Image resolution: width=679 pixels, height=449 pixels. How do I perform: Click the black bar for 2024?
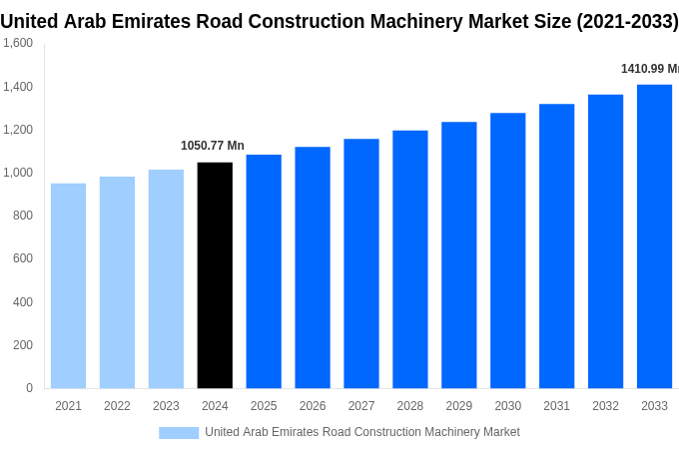click(x=215, y=275)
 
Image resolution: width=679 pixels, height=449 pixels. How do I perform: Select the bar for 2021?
click(x=68, y=285)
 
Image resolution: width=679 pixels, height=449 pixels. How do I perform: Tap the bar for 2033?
click(x=654, y=236)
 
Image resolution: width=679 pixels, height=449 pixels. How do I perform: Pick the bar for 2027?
click(x=361, y=263)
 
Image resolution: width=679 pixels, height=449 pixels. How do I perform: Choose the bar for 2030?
click(x=507, y=250)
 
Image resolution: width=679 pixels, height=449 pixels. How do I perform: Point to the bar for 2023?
click(x=166, y=278)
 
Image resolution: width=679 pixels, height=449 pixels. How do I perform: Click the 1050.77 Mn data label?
click(x=212, y=146)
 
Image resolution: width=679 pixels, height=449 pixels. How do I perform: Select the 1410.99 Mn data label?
click(x=649, y=69)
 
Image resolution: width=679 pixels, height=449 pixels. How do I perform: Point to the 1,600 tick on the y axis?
click(x=17, y=43)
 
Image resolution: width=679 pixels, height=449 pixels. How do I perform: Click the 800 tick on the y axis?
click(x=23, y=216)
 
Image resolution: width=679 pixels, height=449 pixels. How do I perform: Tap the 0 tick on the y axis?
click(x=29, y=388)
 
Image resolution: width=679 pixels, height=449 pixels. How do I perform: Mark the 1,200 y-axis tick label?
click(x=17, y=130)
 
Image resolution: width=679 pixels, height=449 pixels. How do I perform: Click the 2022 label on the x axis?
click(x=117, y=406)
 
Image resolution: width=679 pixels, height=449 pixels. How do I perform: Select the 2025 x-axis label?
click(x=264, y=406)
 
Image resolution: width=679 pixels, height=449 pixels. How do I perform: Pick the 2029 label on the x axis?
click(x=458, y=406)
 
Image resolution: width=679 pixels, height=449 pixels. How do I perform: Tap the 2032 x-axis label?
click(x=605, y=406)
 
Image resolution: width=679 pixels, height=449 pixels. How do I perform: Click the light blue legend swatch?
click(x=179, y=433)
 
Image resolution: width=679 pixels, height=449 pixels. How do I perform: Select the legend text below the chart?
click(x=361, y=432)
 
